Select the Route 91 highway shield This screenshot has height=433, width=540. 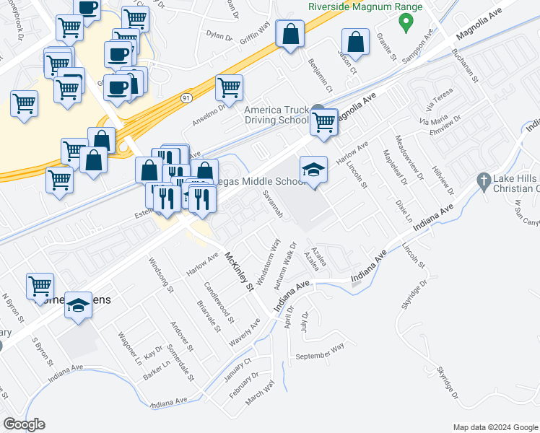[186, 97]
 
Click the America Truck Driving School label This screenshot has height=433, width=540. [276, 115]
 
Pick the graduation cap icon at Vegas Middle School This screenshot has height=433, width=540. [313, 170]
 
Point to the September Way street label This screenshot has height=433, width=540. [320, 351]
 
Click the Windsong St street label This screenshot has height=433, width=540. [161, 274]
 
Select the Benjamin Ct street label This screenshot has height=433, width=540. [319, 76]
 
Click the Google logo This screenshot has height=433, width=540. [24, 424]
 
